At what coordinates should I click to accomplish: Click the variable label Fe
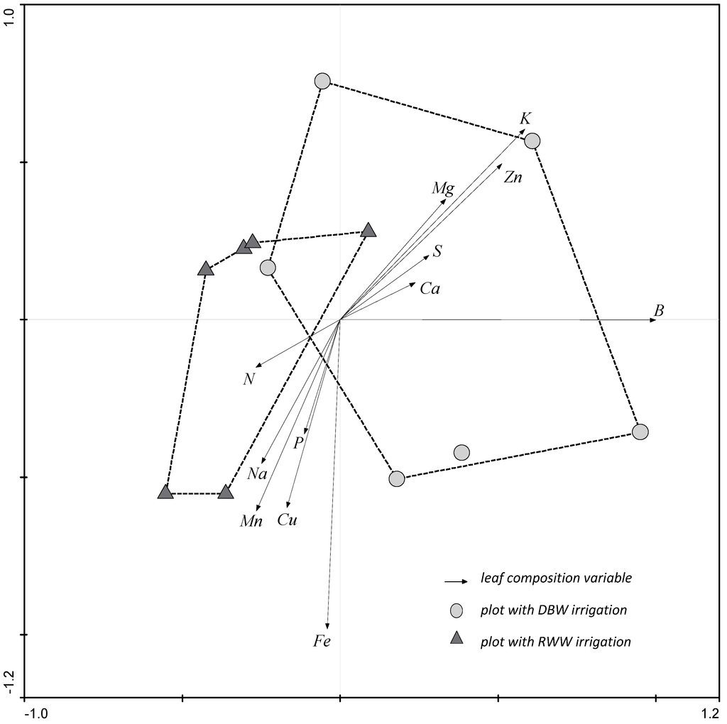coord(322,642)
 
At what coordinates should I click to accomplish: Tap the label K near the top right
coord(525,118)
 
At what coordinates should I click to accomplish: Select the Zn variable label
coord(513,177)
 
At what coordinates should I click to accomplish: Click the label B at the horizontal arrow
coord(659,310)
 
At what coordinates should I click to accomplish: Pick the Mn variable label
coord(251,522)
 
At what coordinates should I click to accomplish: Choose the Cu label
coord(288,520)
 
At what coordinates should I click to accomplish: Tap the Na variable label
coord(257,473)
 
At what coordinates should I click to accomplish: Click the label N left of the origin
coord(248,379)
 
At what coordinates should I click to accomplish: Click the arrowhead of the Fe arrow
coord(327,623)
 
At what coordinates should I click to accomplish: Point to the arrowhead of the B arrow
coord(654,320)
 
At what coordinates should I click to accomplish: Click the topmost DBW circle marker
coord(322,82)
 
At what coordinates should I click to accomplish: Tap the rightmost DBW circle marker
coord(640,432)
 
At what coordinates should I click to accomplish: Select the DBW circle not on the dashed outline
coord(461,452)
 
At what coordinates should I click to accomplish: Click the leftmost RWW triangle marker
coord(165,492)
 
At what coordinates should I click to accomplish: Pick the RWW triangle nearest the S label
coord(368,230)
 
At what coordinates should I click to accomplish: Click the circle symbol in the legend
coord(457,610)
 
